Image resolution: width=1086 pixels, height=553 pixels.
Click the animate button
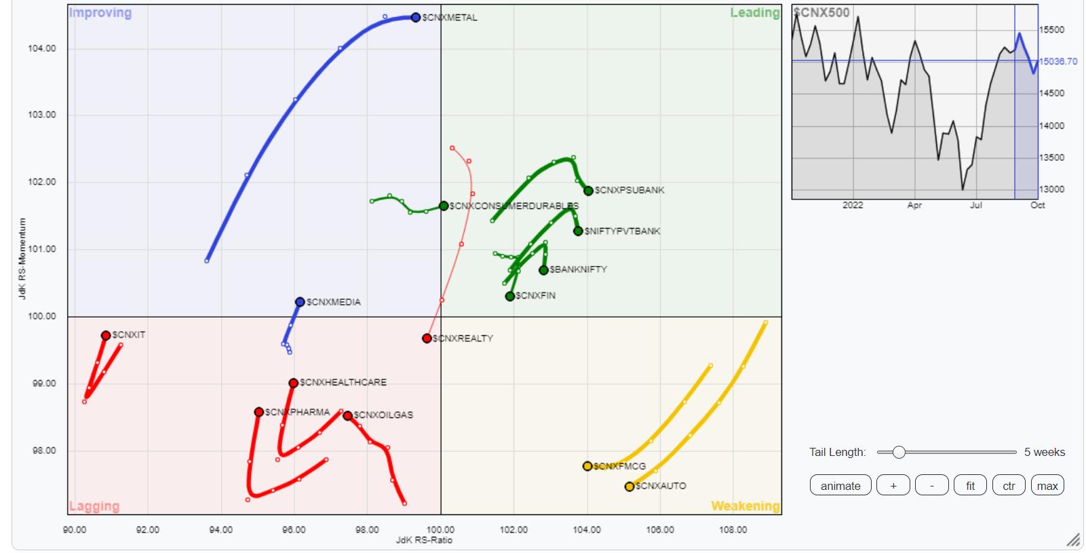[x=840, y=486]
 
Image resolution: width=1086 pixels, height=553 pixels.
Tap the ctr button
[x=1009, y=486]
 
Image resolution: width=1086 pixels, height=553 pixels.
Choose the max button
[x=1047, y=486]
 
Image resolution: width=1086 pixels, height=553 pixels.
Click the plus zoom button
[x=893, y=486]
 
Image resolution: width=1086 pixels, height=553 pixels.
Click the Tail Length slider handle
[x=899, y=452]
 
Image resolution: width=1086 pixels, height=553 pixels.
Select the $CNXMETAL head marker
[x=416, y=18]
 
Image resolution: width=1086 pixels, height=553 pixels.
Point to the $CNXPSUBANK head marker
[x=588, y=191]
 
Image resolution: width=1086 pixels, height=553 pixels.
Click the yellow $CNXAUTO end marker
[x=629, y=487]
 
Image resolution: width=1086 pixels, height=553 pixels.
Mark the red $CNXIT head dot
[x=106, y=336]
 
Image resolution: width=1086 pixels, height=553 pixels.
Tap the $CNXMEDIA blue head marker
[x=300, y=302]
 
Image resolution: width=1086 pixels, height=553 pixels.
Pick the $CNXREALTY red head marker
[x=427, y=339]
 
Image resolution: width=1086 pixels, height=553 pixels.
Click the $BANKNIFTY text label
[x=578, y=269]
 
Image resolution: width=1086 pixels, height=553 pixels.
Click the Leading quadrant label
[x=754, y=13]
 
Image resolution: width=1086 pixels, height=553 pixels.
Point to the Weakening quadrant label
[x=745, y=506]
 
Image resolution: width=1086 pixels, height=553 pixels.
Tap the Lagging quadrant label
[x=94, y=506]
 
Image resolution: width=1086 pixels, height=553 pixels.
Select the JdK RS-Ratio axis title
[x=424, y=540]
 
